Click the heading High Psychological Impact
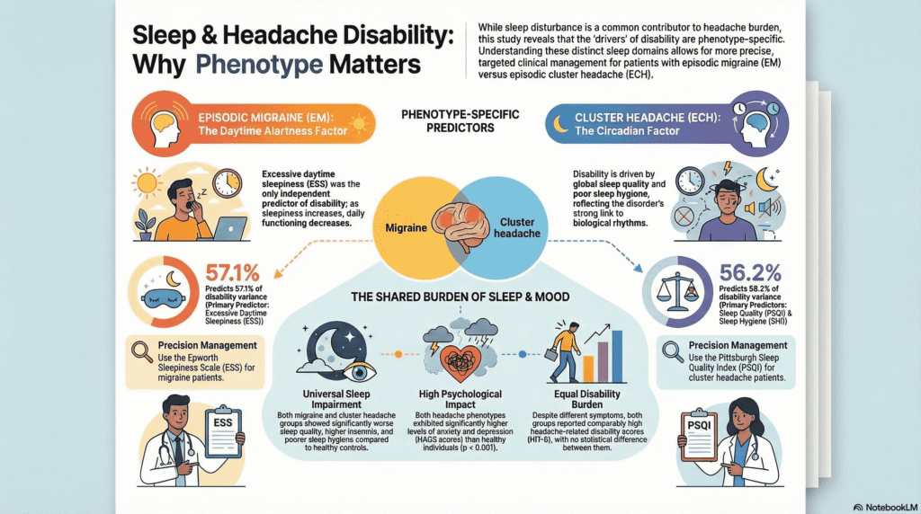click(x=461, y=399)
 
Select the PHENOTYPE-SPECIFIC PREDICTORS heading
click(x=460, y=121)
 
